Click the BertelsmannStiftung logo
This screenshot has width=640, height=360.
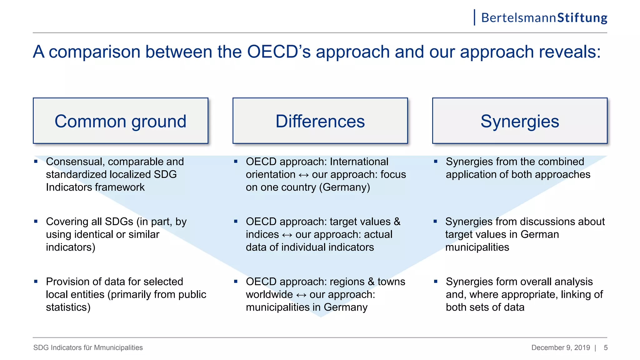[x=544, y=18]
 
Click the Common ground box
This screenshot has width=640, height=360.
[x=120, y=121]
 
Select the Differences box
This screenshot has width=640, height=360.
[x=320, y=121]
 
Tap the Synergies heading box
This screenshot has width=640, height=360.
[x=520, y=121]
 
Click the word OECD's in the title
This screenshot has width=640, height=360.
[x=279, y=52]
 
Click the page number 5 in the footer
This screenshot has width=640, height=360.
[x=606, y=347]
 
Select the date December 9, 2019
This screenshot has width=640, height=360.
[x=561, y=347]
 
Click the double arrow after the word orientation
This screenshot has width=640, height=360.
[x=303, y=175]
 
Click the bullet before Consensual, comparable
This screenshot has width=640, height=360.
[x=36, y=162]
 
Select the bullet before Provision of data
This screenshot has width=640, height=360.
[x=36, y=282]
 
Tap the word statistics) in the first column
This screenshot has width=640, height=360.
[x=68, y=307]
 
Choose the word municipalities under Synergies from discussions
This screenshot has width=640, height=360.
[x=477, y=247]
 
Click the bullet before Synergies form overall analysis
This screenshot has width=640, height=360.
[x=436, y=282]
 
